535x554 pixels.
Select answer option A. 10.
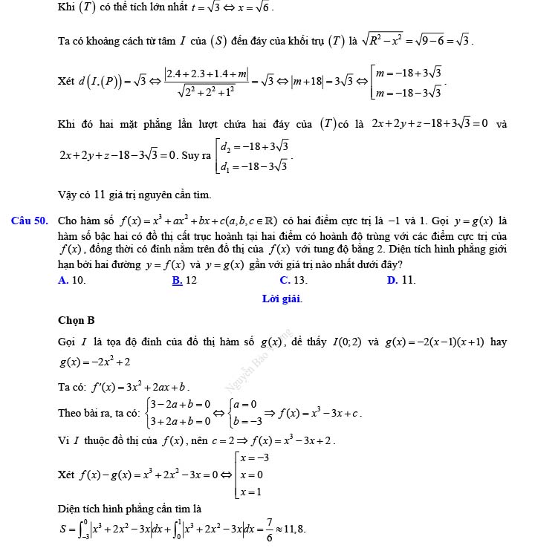71,280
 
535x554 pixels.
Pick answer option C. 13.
294,280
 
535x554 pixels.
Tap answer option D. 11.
401,280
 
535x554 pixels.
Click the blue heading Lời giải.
282,299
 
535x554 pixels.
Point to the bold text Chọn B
76,321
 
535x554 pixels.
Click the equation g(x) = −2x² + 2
95,362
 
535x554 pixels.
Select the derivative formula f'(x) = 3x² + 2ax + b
140,387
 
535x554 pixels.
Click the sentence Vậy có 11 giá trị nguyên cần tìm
134,195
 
